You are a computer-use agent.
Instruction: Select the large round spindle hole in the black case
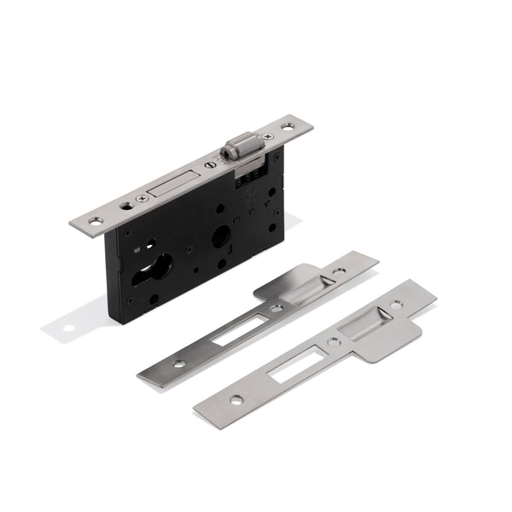click(220, 237)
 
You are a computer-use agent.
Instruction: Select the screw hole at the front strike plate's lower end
click(235, 400)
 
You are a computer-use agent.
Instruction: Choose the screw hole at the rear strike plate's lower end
click(179, 364)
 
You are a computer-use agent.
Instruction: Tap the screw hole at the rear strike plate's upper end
click(340, 272)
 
